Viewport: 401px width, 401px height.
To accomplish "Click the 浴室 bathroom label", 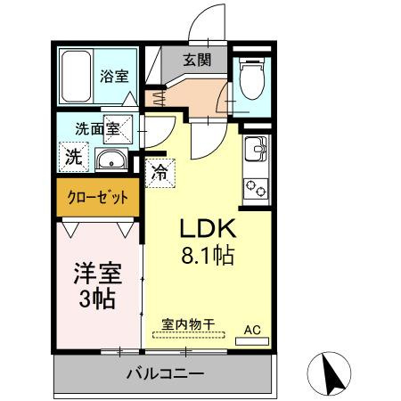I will [x=113, y=75].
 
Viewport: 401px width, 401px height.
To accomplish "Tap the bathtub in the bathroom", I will [x=74, y=78].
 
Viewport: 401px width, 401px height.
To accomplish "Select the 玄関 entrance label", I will [x=197, y=61].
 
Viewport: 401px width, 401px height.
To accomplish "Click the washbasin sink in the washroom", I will [x=110, y=160].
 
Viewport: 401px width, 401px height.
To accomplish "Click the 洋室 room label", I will [x=95, y=270].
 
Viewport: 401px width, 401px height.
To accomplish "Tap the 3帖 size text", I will [x=95, y=299].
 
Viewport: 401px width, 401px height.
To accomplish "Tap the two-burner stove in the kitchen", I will [x=256, y=188].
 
